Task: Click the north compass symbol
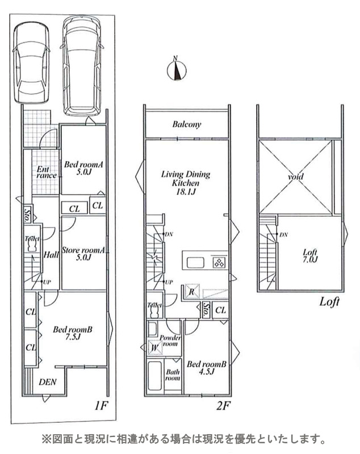[x=177, y=69]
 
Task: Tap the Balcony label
[x=186, y=124]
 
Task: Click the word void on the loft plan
[x=296, y=176]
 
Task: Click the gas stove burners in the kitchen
[x=219, y=263]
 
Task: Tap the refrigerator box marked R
[x=192, y=291]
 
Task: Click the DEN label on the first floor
[x=48, y=382]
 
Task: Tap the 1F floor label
[x=102, y=406]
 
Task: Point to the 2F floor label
[x=223, y=406]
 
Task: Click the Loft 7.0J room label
[x=310, y=256]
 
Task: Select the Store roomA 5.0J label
[x=83, y=253]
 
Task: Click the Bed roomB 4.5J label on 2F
[x=206, y=368]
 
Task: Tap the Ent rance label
[x=47, y=173]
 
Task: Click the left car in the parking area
[x=31, y=63]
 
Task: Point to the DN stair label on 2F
[x=169, y=234]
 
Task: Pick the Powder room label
[x=170, y=341]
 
